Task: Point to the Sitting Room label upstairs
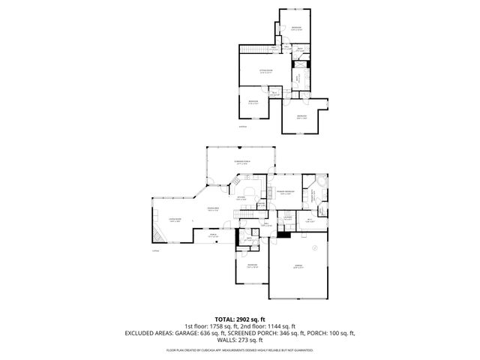pyautogui.click(x=265, y=71)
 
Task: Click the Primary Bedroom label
pyautogui.click(x=284, y=192)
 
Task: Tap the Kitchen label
pyautogui.click(x=242, y=198)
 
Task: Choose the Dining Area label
pyautogui.click(x=213, y=209)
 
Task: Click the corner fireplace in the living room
pyautogui.click(x=157, y=238)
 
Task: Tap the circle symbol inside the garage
pyautogui.click(x=315, y=247)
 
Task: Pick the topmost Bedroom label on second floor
pyautogui.click(x=296, y=28)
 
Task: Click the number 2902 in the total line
pyautogui.click(x=247, y=319)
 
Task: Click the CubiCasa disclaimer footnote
pyautogui.click(x=239, y=349)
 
